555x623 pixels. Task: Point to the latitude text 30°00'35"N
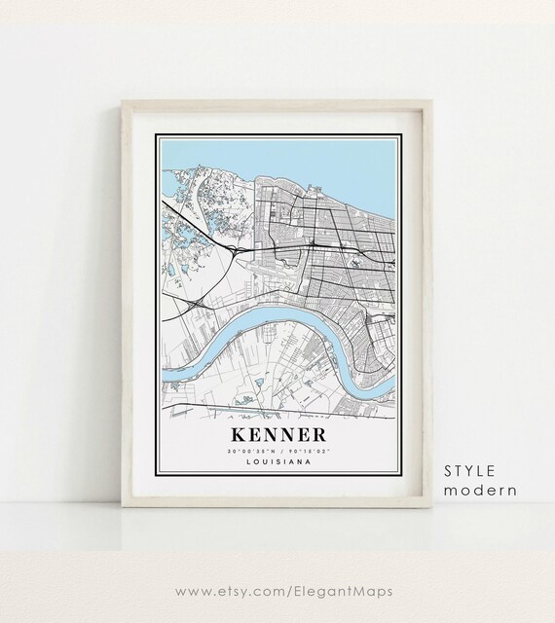point(248,451)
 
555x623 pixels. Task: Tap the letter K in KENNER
point(238,431)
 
